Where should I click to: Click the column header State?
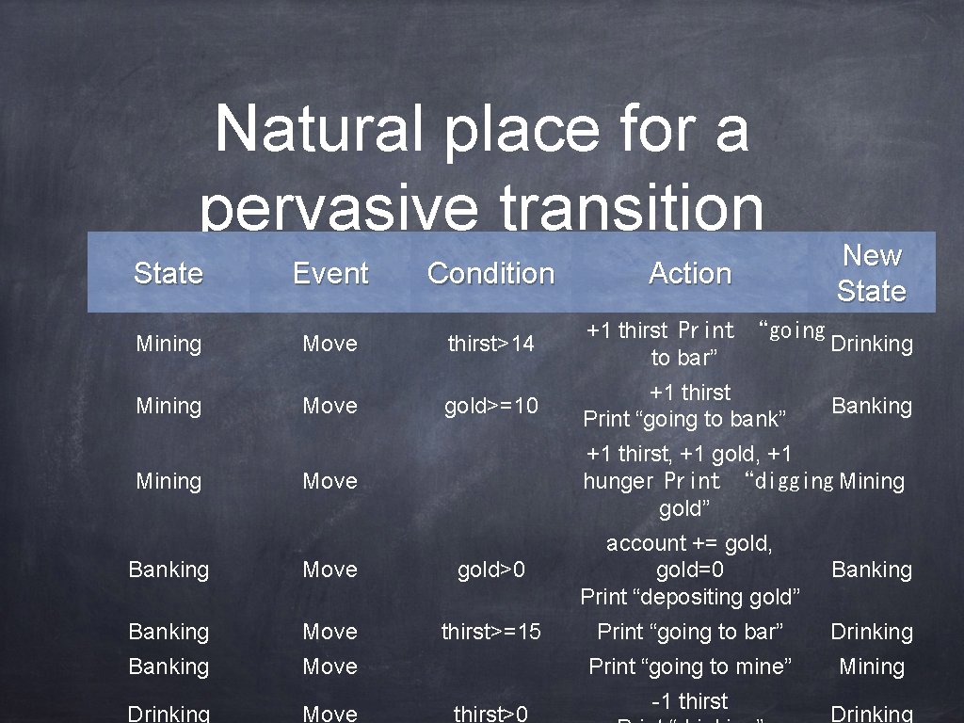[168, 273]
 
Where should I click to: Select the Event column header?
[330, 273]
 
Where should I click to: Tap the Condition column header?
[490, 273]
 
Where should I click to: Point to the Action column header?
[690, 273]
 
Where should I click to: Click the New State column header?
[871, 273]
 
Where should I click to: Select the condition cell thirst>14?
[490, 344]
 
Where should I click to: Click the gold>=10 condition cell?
[490, 406]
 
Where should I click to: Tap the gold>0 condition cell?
[490, 570]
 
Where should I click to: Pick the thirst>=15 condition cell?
[490, 632]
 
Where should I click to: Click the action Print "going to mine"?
[690, 667]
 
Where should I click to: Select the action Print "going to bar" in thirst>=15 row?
[690, 632]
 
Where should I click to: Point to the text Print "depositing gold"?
[690, 596]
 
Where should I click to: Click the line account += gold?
[690, 543]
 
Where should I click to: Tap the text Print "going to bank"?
[684, 418]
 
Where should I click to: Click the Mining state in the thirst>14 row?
[168, 344]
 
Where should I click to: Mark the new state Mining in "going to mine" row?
[871, 667]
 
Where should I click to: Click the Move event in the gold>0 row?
[329, 570]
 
